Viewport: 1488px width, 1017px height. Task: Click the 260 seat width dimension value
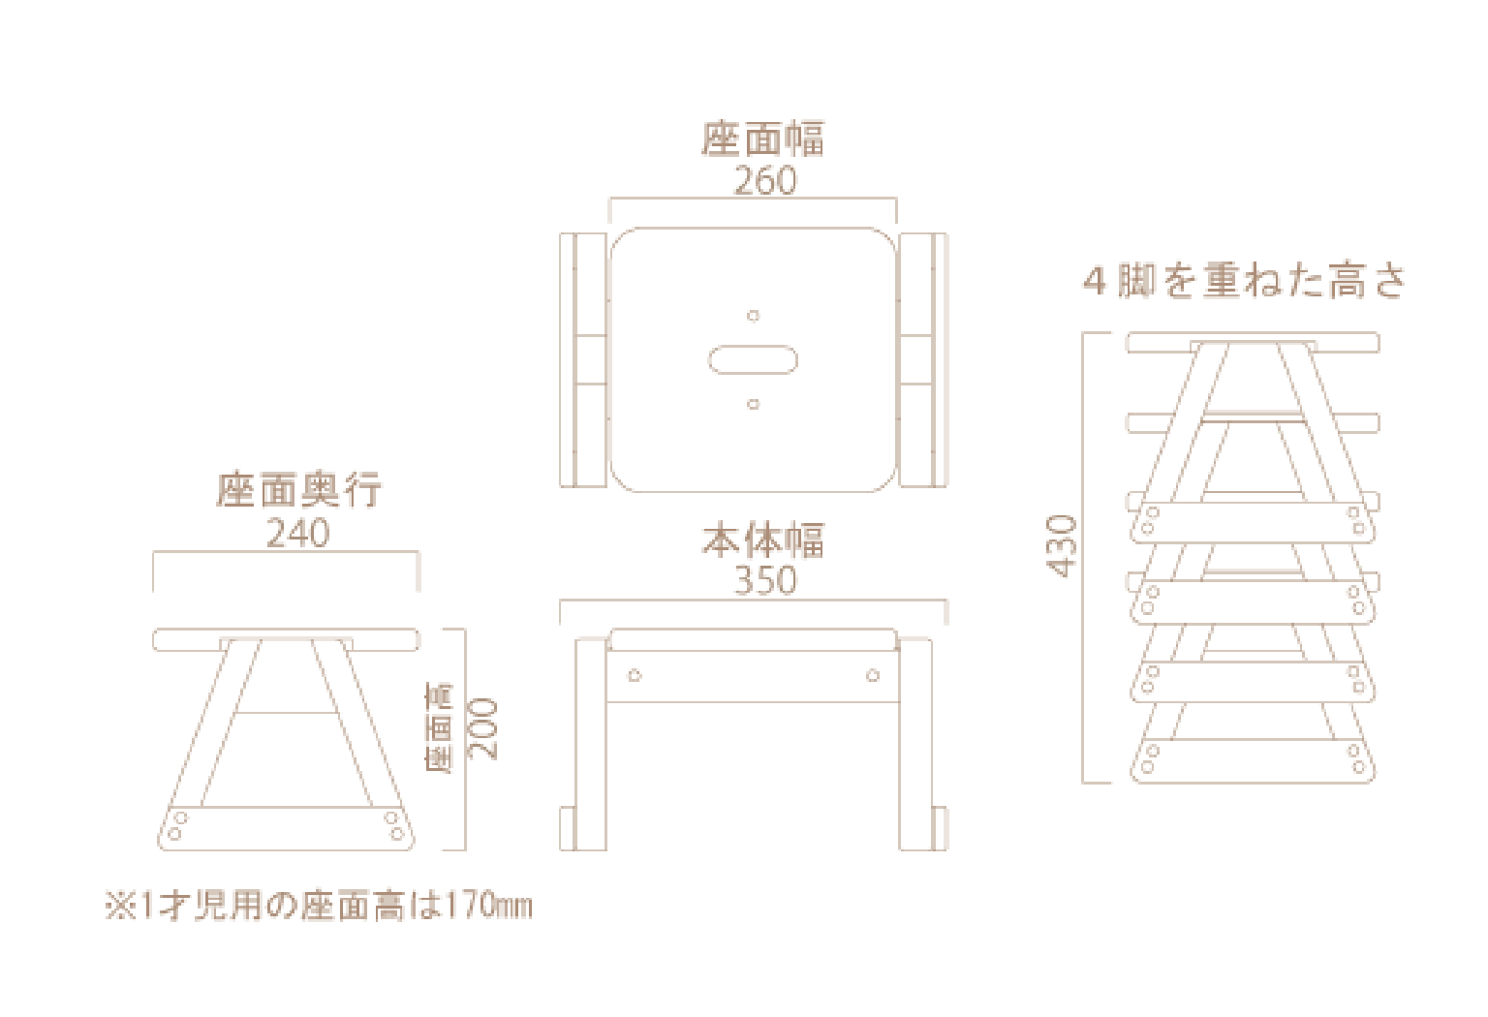tap(765, 181)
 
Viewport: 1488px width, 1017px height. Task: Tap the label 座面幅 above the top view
tap(763, 139)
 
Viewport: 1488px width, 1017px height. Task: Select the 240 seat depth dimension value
tap(297, 534)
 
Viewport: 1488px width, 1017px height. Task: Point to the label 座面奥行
tap(298, 491)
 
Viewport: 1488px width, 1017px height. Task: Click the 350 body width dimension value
tap(765, 580)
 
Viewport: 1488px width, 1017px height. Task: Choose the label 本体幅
tap(763, 540)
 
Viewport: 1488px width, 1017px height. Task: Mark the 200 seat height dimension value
tap(482, 728)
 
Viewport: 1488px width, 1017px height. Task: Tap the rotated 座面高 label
tap(440, 728)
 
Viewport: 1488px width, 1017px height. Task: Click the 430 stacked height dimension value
tap(1063, 546)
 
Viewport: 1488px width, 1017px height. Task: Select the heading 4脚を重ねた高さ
tap(1244, 282)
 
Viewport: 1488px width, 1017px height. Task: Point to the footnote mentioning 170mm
tap(319, 907)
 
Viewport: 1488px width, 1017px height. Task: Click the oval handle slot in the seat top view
tap(753, 360)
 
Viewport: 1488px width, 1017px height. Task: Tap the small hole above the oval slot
tap(753, 316)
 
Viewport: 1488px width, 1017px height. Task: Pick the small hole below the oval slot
tap(753, 404)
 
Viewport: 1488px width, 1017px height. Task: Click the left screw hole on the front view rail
tap(635, 675)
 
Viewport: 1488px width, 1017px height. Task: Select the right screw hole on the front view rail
tap(873, 675)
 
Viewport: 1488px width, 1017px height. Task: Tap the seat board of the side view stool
tap(286, 639)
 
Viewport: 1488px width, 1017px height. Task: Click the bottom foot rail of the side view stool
tap(286, 828)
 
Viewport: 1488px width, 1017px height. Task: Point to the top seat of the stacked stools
tap(1252, 342)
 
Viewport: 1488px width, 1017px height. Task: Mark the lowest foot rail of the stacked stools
tap(1252, 761)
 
